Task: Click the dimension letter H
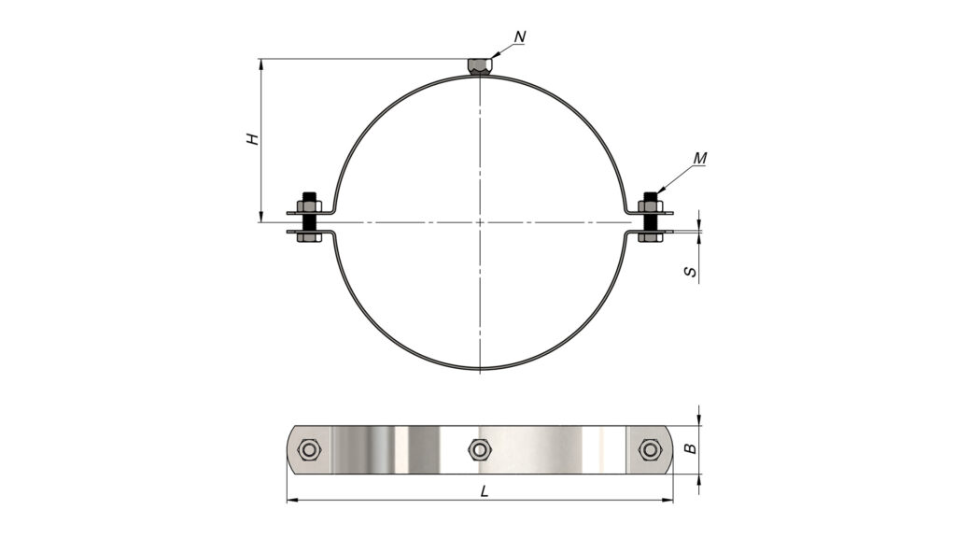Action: click(x=253, y=138)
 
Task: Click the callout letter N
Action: click(x=519, y=37)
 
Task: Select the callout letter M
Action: click(x=700, y=159)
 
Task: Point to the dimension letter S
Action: click(x=690, y=271)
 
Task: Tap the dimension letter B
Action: click(x=690, y=449)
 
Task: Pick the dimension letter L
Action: click(x=485, y=491)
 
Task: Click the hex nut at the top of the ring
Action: click(x=480, y=66)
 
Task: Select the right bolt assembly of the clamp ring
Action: click(x=650, y=218)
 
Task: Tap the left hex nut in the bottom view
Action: click(x=310, y=450)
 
